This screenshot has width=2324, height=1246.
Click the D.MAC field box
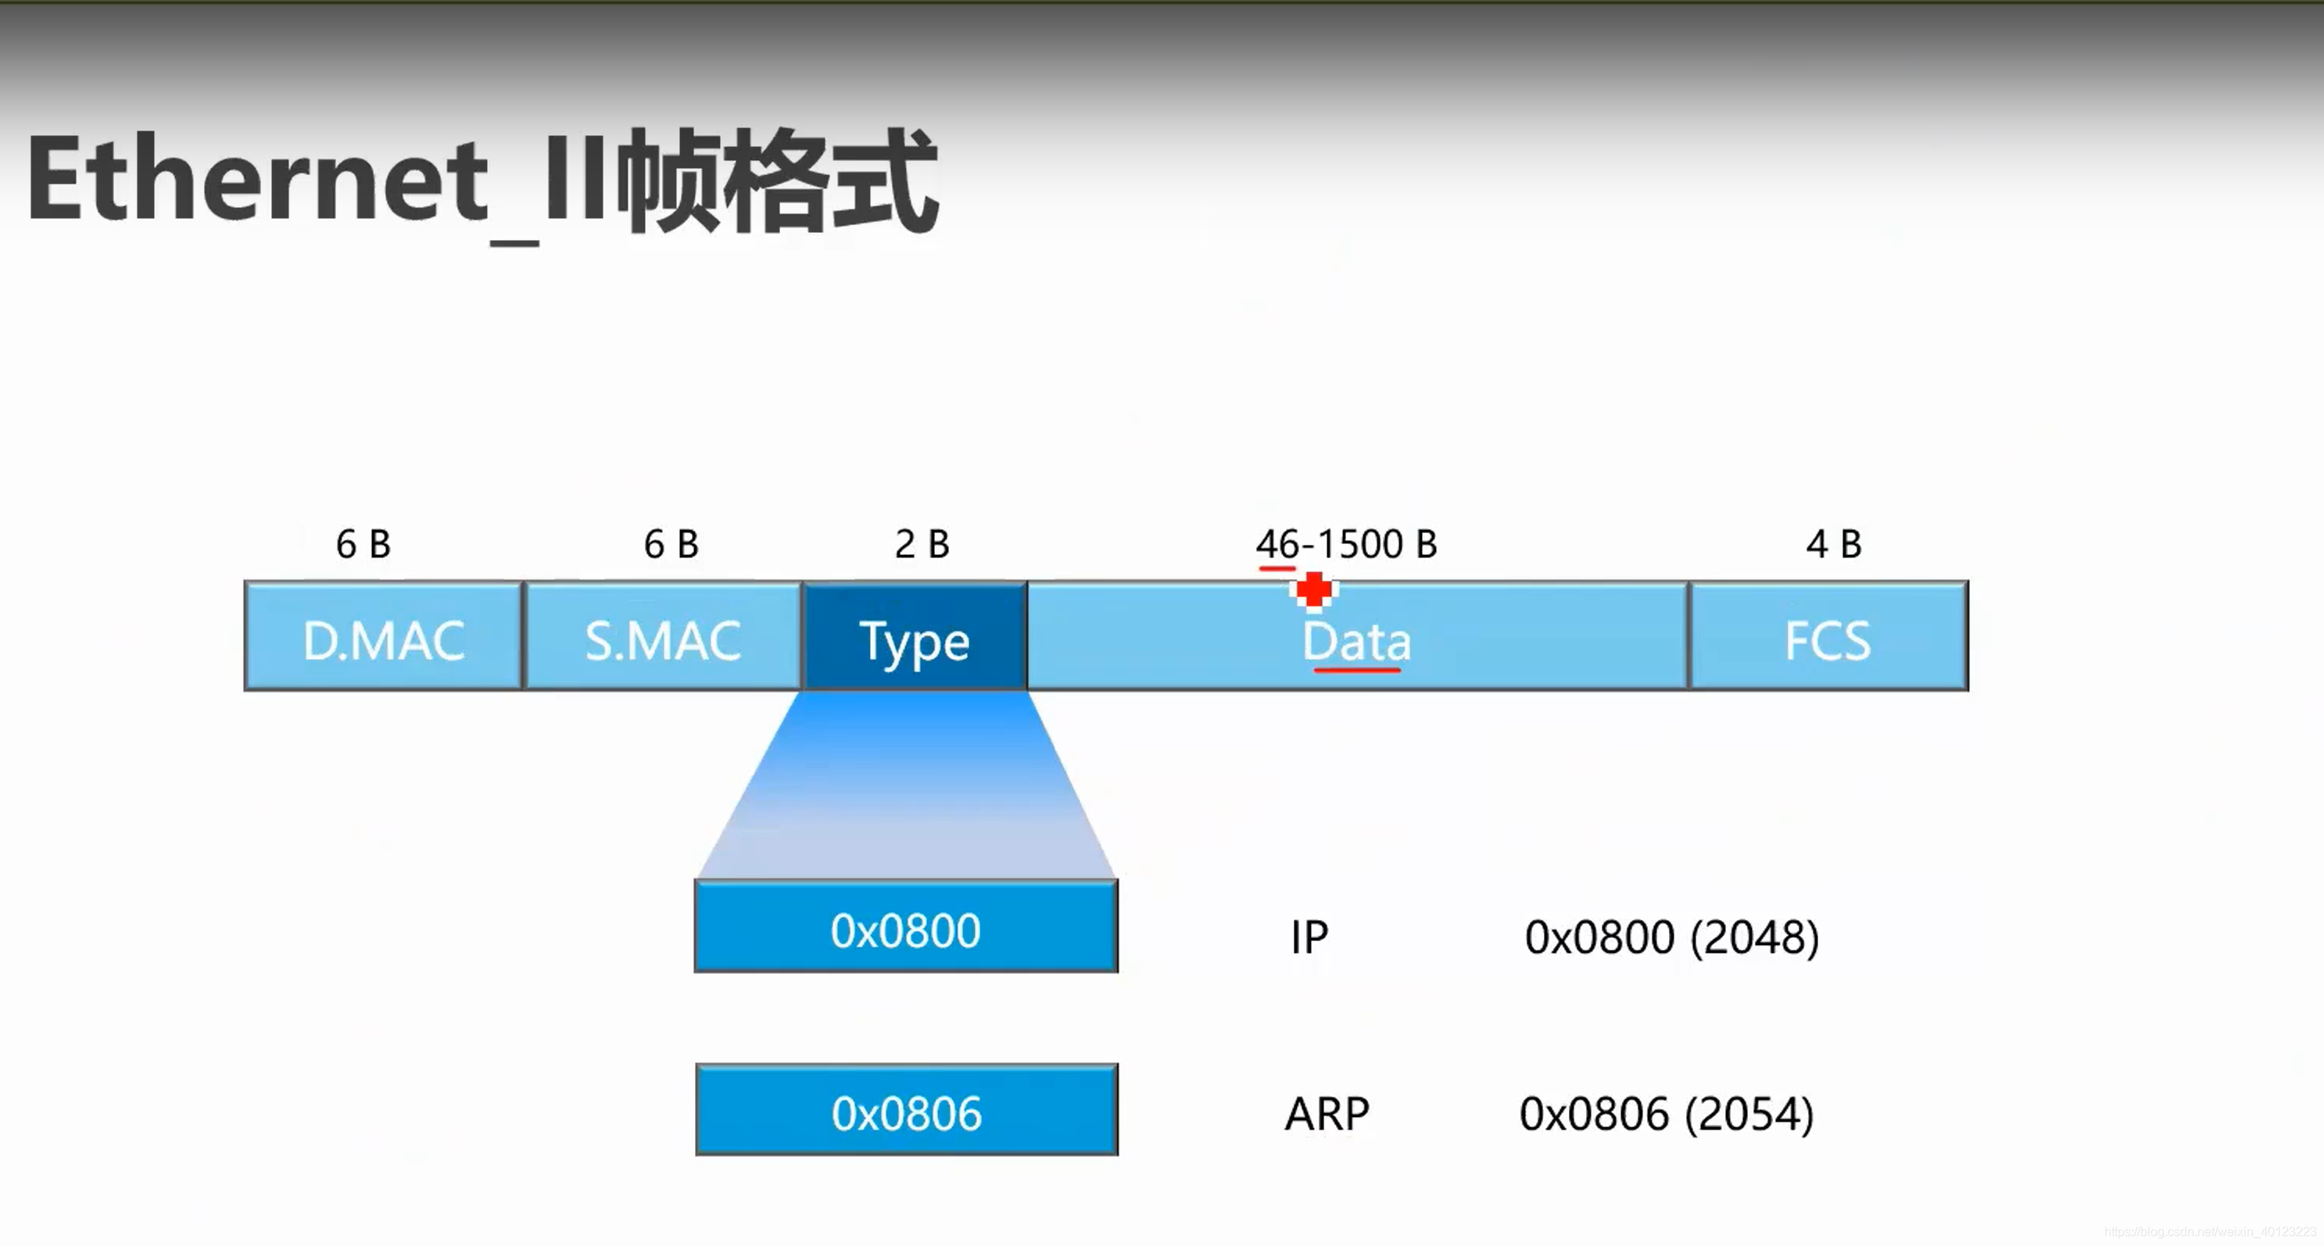(x=383, y=637)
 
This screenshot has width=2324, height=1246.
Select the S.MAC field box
(x=662, y=637)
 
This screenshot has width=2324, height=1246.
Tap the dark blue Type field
(x=914, y=637)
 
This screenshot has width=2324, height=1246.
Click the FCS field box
(x=1828, y=637)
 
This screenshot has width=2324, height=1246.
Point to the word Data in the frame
(x=1356, y=641)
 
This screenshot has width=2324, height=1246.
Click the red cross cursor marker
(x=1313, y=591)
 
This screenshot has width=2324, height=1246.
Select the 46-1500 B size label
(x=1346, y=544)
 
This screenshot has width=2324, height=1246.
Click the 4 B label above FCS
(x=1833, y=544)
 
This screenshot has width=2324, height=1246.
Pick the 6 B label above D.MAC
(x=363, y=544)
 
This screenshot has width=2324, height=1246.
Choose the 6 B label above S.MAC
(x=671, y=544)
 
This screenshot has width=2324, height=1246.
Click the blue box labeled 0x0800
(x=906, y=928)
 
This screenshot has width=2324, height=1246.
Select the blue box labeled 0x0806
(x=907, y=1110)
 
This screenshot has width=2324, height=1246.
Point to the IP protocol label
(x=1309, y=937)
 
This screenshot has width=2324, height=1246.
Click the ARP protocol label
(x=1327, y=1114)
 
